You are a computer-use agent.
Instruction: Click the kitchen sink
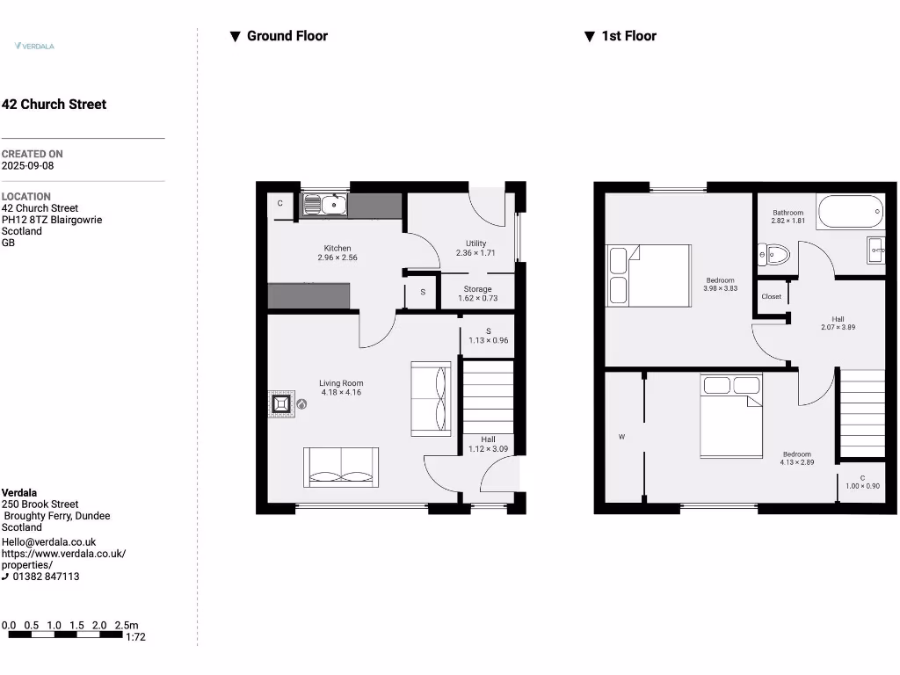click(326, 205)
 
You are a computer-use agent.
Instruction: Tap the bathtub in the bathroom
click(850, 211)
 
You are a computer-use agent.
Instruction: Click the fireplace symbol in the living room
click(282, 403)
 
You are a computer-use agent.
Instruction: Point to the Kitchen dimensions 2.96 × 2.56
click(337, 258)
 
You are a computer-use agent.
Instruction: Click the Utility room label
click(475, 243)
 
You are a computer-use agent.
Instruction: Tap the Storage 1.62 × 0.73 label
click(477, 294)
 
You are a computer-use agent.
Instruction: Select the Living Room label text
click(340, 383)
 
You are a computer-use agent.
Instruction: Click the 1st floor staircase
click(862, 413)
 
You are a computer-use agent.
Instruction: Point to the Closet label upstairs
click(771, 297)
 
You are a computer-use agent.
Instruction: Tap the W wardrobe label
click(621, 436)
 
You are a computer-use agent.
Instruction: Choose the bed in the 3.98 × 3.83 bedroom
click(649, 275)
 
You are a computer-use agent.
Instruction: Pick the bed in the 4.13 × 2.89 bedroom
click(731, 416)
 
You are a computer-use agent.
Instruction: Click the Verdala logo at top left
click(34, 46)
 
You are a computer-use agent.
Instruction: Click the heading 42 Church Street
click(54, 104)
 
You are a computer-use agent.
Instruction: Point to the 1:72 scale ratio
click(135, 636)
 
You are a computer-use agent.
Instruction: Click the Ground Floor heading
click(287, 36)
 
